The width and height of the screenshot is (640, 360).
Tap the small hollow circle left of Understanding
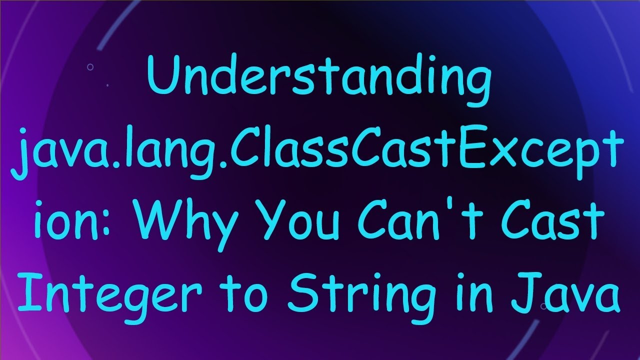click(x=90, y=66)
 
